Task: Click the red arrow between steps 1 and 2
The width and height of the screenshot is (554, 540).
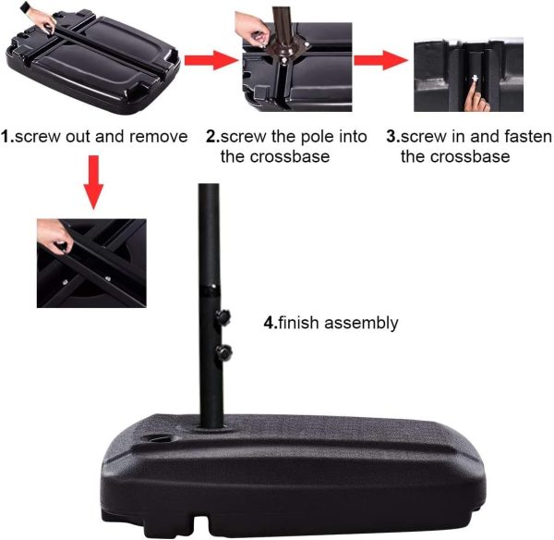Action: coord(211,60)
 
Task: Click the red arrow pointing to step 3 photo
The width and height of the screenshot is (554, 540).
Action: coord(380,60)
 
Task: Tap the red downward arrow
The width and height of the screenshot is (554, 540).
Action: coord(93,182)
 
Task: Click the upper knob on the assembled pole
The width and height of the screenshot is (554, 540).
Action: coord(223,317)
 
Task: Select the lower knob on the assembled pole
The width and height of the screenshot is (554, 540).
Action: coord(224,352)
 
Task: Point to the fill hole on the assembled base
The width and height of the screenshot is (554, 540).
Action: coord(160,439)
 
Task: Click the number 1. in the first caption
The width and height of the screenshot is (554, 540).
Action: coord(7,137)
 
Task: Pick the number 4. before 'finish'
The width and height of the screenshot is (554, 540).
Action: coord(271,323)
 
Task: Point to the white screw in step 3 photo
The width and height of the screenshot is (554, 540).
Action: coord(475,79)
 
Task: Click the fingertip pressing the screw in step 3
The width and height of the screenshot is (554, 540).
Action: coord(473,87)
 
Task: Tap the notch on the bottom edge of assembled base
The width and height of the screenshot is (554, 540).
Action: coord(200,522)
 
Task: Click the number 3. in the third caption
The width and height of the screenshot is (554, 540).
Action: coord(393,137)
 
